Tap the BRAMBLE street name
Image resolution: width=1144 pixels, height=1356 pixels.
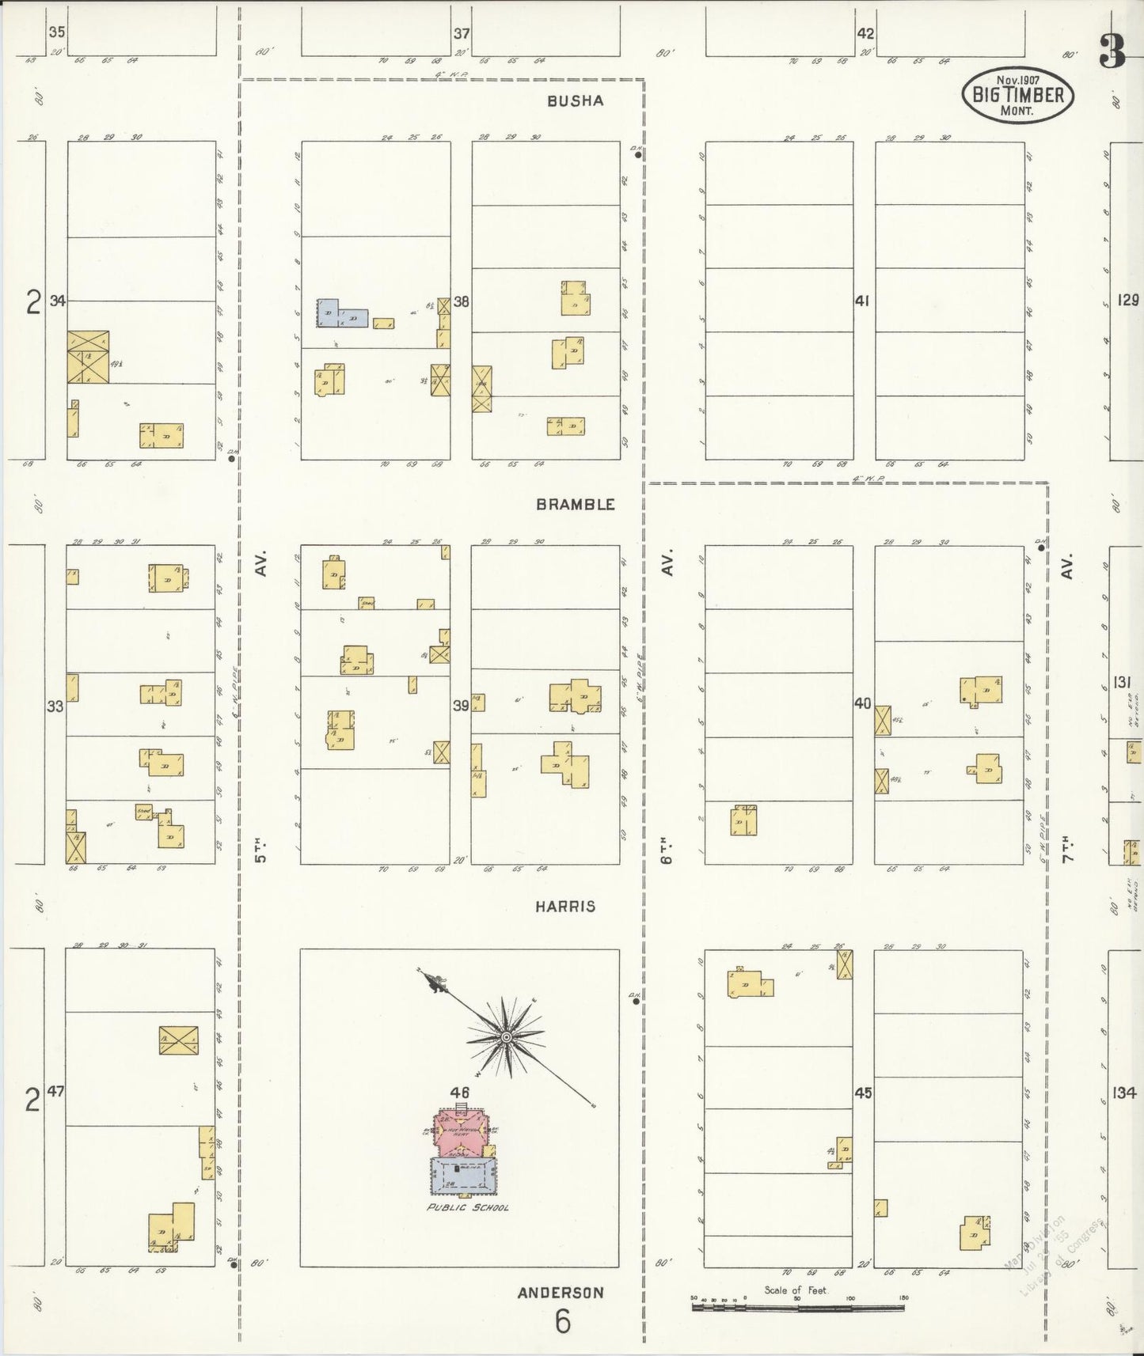[576, 504]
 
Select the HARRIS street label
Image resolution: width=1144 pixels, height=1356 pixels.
[564, 907]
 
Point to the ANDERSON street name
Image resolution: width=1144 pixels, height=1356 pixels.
[561, 1293]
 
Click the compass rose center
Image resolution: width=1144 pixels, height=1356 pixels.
[505, 1036]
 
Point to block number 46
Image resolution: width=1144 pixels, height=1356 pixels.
[460, 1093]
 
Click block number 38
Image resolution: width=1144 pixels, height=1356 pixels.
[462, 301]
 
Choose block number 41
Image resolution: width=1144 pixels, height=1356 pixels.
[863, 301]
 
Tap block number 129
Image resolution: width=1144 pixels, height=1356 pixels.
[1128, 300]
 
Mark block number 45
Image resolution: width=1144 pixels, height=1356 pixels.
[863, 1093]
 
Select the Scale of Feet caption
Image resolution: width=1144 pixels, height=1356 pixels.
[795, 1290]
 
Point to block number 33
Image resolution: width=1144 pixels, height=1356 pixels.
[55, 706]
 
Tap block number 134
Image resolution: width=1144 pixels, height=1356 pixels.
[1123, 1093]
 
